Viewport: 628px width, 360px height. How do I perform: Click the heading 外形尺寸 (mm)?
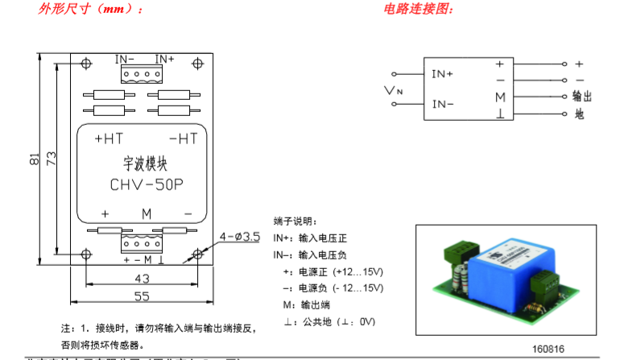pos(91,10)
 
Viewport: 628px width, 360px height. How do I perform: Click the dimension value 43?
pos(143,279)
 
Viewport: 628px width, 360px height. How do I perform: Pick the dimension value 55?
pos(143,296)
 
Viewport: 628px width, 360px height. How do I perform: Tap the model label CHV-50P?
pos(146,184)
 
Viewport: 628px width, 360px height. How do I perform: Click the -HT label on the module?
pos(183,139)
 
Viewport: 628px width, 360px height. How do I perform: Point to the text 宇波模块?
pos(145,163)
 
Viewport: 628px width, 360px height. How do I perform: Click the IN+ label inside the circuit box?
pos(443,73)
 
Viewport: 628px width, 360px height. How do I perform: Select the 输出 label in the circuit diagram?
pos(582,96)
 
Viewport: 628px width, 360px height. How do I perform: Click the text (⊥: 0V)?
pos(357,322)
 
